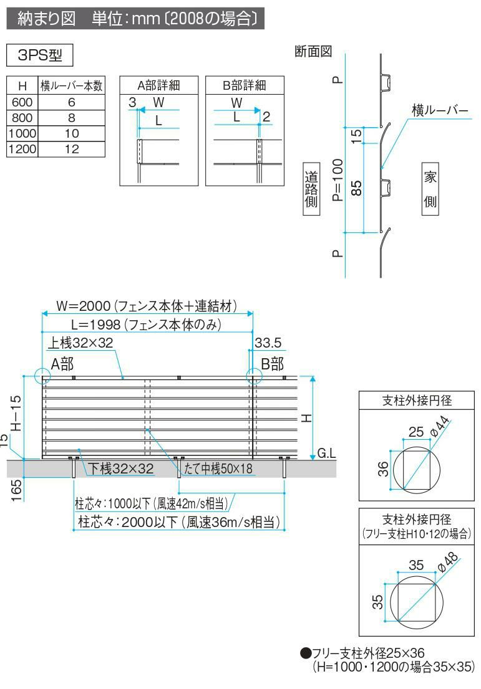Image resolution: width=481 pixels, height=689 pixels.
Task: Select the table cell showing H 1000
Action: coord(22,133)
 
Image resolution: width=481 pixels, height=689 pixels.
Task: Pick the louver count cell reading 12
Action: coord(72,148)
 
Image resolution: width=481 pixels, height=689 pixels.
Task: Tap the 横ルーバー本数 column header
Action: coord(72,85)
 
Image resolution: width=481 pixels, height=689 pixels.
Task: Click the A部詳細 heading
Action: coord(158,85)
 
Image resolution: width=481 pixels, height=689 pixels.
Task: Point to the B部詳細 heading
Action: coord(245,85)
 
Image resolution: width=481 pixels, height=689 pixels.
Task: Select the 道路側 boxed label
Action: coord(311,189)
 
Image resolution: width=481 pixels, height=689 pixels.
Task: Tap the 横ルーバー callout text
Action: coord(439,110)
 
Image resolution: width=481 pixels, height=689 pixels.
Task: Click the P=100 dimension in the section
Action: coord(338,181)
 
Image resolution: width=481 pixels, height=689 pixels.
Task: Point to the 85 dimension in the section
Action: coord(357,188)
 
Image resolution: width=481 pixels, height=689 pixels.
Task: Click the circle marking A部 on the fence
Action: coord(42,376)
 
